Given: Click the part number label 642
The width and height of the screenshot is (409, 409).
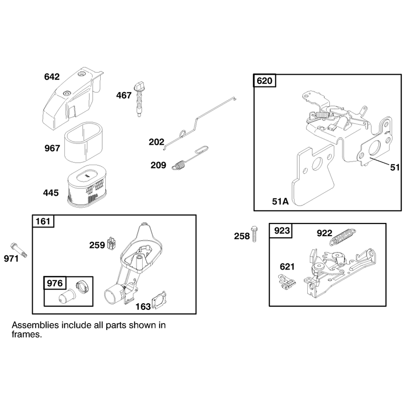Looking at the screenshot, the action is point(52,77).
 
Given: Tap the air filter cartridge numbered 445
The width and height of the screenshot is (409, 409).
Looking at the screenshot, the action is point(87,186).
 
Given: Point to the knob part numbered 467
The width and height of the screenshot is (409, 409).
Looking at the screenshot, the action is point(139,100).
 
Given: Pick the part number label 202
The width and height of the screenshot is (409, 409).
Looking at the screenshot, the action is point(156,142).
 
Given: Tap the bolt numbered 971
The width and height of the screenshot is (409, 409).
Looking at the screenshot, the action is point(19,250).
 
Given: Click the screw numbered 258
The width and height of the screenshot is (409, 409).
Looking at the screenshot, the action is point(254,234).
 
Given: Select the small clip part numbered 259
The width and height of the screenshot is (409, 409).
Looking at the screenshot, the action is point(111,243).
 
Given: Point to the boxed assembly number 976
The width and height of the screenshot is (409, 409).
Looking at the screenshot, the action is point(55,283).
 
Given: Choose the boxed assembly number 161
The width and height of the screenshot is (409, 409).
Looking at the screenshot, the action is point(43,221).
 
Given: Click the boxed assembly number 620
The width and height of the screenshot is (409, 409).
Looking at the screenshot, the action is point(264,81).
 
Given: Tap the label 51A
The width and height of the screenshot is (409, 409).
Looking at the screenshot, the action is point(280,201).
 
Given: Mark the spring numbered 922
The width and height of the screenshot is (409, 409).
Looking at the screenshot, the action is point(343,237).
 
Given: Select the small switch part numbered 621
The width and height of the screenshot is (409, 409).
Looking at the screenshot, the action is point(287,282).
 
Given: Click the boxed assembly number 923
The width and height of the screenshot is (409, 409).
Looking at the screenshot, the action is point(282,231).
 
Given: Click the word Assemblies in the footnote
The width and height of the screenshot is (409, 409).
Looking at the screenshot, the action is point(35,325).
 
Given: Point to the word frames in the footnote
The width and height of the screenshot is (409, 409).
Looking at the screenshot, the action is point(27,334).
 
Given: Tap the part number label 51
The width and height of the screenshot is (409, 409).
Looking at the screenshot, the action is point(395,167).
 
